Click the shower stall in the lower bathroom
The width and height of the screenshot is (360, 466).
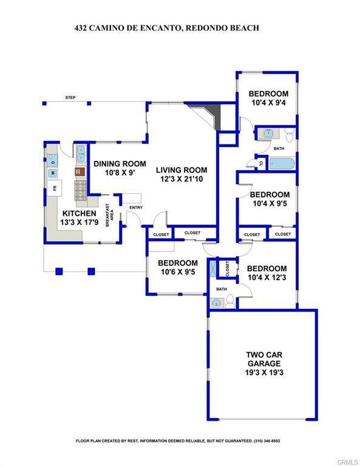pyautogui.click(x=213, y=268)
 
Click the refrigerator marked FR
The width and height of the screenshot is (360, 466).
pyautogui.click(x=55, y=188)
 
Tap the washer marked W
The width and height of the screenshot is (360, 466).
pyautogui.click(x=52, y=173)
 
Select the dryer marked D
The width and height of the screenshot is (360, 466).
pyautogui.click(x=53, y=161)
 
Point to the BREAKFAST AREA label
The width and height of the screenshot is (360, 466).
pyautogui.click(x=110, y=215)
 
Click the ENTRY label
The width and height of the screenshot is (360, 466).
pyautogui.click(x=135, y=208)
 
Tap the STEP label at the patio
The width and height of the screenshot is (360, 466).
pyautogui.click(x=70, y=97)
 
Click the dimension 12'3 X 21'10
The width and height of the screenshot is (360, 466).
pyautogui.click(x=180, y=180)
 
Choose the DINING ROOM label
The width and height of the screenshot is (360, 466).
pyautogui.click(x=120, y=163)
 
